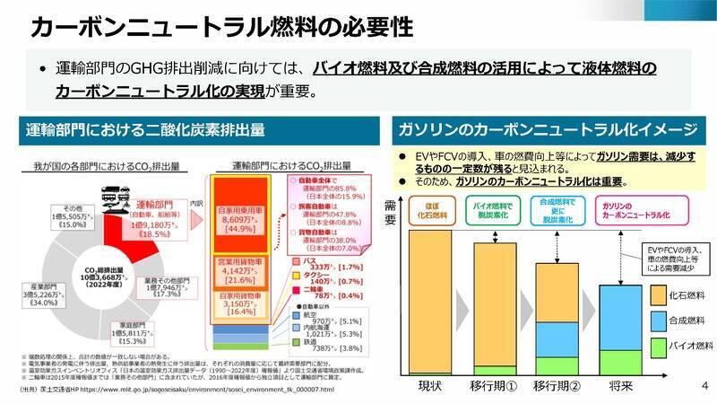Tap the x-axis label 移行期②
(x=560, y=386)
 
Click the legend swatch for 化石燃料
(x=658, y=294)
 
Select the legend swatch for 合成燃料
(x=658, y=319)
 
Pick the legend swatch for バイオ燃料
(x=658, y=345)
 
